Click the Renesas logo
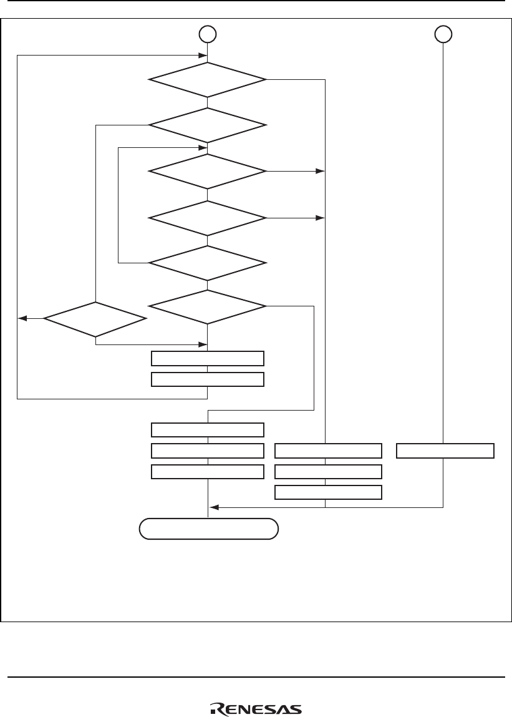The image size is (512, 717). coord(256,709)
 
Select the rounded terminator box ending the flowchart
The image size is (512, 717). coord(208,530)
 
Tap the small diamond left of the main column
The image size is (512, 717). coord(95,319)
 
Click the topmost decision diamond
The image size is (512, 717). coord(207,79)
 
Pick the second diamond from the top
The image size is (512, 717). coord(207,125)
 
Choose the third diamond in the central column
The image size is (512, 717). coord(207,171)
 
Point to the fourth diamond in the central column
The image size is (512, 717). coord(207,218)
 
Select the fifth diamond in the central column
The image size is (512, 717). coord(207,263)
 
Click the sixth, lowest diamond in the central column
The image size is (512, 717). coord(207,306)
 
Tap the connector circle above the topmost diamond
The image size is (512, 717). coord(208,34)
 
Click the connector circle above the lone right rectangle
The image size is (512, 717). coord(443,34)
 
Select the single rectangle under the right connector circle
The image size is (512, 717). coord(445,451)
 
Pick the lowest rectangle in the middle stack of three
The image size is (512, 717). coord(328,492)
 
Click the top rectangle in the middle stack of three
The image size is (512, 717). coord(328,451)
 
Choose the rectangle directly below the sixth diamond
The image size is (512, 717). coord(208,358)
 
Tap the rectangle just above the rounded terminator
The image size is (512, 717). coord(208,472)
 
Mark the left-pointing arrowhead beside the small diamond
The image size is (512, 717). coord(22,319)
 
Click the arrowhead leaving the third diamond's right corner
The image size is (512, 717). coord(322,171)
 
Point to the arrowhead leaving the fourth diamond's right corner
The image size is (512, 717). coord(322,218)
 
